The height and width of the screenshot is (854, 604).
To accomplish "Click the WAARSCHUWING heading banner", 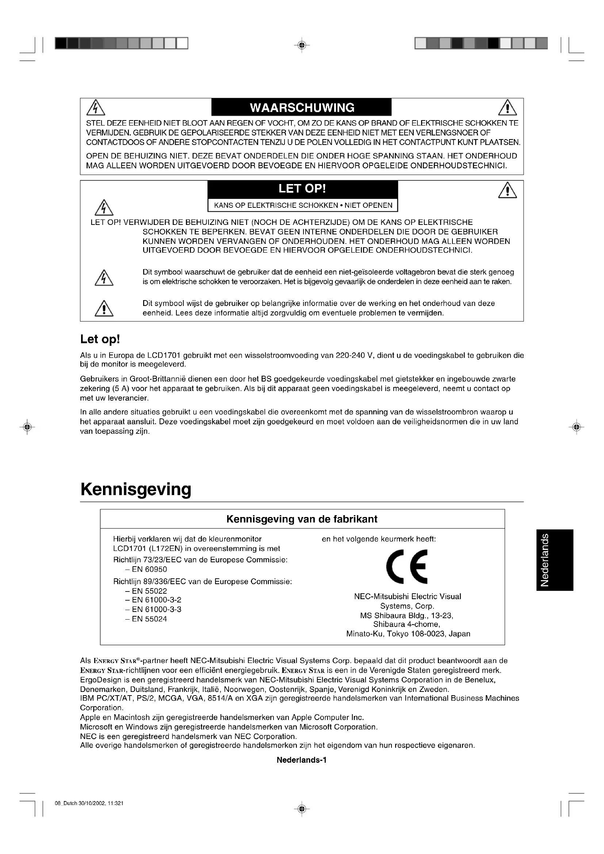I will [x=302, y=107].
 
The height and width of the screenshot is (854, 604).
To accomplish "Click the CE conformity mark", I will [x=407, y=567].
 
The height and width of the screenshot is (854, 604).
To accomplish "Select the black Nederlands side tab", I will [x=555, y=560].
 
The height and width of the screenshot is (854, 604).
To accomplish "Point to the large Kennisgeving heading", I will [x=136, y=489].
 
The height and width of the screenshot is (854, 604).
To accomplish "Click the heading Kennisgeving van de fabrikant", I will [x=302, y=519].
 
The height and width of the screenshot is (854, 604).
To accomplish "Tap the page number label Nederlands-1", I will [x=302, y=760].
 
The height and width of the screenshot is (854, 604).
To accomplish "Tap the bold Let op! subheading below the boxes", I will [x=100, y=339].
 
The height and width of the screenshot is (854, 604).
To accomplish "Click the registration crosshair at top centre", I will [x=302, y=45].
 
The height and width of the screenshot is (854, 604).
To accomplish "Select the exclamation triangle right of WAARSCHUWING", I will [x=507, y=108].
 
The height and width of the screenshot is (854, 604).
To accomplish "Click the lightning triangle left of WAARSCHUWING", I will [x=96, y=108].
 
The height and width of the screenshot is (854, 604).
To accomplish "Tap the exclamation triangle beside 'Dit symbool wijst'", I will [x=104, y=309].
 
